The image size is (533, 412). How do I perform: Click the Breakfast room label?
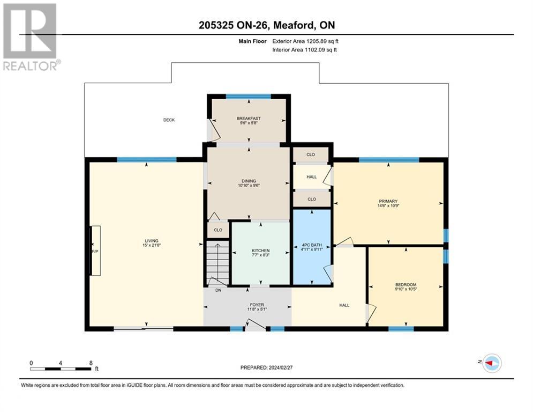(x=249, y=119)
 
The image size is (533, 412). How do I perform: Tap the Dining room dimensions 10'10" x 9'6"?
(x=249, y=186)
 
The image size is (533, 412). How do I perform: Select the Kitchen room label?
(x=261, y=251)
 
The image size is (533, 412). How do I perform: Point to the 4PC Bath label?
(x=312, y=245)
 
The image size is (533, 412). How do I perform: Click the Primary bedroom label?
(x=388, y=201)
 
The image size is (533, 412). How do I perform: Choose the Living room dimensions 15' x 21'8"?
(x=152, y=245)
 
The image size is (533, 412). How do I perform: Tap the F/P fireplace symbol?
(x=95, y=251)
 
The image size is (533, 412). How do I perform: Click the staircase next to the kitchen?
(x=217, y=263)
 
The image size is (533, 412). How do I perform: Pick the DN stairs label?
(x=218, y=290)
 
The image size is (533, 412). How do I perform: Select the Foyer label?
(x=257, y=305)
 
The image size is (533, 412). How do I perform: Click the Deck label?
(x=169, y=120)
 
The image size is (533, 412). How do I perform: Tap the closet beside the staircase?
(x=218, y=230)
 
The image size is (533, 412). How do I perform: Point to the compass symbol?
(x=492, y=363)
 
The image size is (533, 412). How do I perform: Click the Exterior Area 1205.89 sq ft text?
(x=305, y=41)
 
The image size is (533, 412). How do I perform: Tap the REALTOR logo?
(x=32, y=37)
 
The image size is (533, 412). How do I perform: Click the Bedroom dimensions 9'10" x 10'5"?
(x=406, y=289)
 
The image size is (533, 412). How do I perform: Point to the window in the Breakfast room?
(x=249, y=97)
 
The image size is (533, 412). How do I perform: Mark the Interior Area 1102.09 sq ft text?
(x=305, y=50)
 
